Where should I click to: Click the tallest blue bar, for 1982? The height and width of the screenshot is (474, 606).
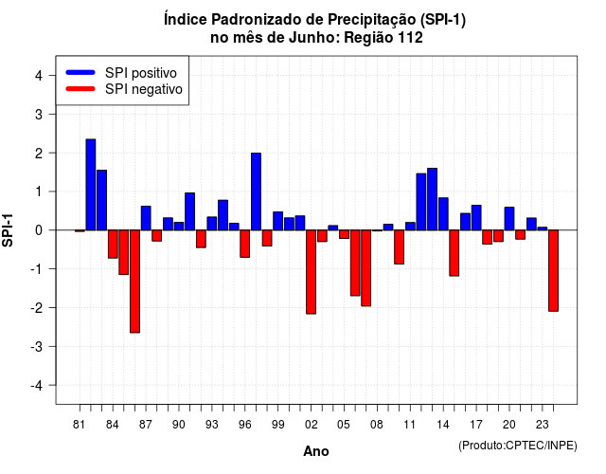pos(91,185)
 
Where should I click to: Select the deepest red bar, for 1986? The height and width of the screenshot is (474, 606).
pos(134,282)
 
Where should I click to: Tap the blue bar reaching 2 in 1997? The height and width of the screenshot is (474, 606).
pos(256,191)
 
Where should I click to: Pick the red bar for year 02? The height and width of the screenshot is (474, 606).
pos(312,272)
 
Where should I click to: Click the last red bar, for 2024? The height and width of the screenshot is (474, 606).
pos(553,270)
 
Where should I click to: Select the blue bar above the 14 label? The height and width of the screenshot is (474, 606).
pos(443,214)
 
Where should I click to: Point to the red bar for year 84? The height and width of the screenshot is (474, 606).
pos(113,245)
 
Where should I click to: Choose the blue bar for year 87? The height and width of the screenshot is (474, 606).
pos(146,218)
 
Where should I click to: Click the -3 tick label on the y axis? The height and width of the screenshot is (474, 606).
pos(36,346)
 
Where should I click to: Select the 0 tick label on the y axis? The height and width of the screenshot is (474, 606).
pos(39,230)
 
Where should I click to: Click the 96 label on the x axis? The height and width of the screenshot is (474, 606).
pos(244,425)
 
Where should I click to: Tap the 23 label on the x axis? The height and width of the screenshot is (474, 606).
pos(543,425)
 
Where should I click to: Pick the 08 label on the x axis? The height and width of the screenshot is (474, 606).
pos(377,425)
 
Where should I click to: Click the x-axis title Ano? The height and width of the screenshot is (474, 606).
pos(316,451)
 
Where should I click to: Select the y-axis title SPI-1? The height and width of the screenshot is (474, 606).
pos(8,230)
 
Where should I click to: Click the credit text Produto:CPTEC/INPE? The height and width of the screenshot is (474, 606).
pos(518,446)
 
